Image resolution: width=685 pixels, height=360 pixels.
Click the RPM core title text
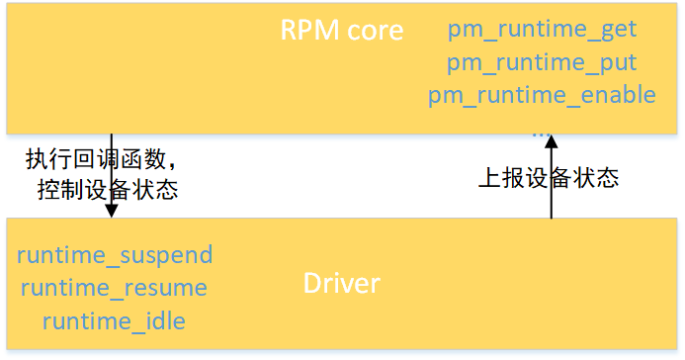[342, 31]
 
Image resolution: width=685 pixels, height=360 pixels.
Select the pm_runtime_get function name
[542, 30]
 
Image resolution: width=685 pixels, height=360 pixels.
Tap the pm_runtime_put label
[542, 62]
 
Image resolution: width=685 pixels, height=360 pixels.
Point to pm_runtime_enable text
[542, 95]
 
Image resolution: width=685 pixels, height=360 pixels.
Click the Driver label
[341, 285]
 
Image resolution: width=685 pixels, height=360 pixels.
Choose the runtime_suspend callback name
[115, 255]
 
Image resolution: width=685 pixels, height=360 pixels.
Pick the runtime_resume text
[114, 288]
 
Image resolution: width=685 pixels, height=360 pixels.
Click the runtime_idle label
[114, 320]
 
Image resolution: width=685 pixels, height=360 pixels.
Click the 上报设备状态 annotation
[548, 178]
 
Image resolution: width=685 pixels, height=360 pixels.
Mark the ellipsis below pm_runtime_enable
[541, 131]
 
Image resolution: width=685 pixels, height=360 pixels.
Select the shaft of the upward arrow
[552, 188]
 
